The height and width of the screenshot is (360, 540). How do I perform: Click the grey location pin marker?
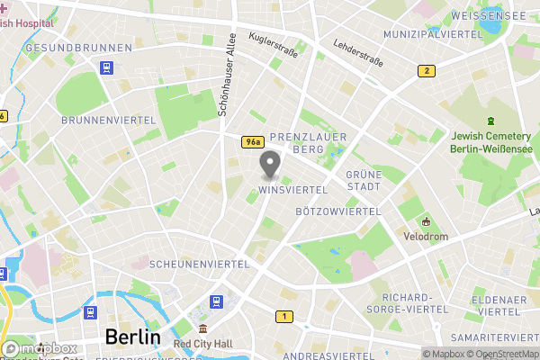coord(269,165)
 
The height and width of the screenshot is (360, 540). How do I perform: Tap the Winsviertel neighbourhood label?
coord(292,190)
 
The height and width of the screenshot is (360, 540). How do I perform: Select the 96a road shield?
coord(253,142)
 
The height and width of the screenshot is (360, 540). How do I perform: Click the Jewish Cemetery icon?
coord(490,121)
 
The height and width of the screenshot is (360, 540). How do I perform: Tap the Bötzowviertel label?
coord(338,211)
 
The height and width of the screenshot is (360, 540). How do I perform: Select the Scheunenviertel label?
coord(199,265)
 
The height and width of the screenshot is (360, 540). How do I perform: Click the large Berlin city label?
coord(132,337)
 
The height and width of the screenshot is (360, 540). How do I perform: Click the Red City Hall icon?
coord(204,329)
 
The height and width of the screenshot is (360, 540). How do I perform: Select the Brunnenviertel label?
coord(100,120)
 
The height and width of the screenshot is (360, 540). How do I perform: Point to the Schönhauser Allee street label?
coord(227,76)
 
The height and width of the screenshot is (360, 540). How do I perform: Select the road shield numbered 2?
coord(426,71)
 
